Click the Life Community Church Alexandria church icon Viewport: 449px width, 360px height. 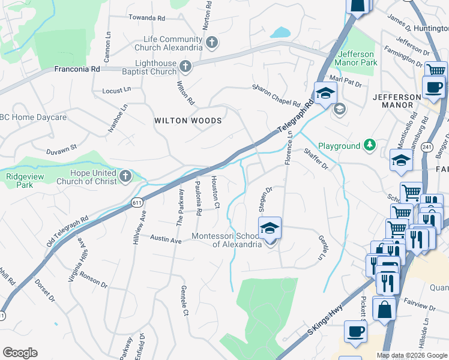pyautogui.click(x=211, y=42)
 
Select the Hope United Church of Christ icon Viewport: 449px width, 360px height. pyautogui.click(x=125, y=175)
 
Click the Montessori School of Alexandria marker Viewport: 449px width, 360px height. pyautogui.click(x=270, y=229)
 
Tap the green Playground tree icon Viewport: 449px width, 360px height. pyautogui.click(x=370, y=145)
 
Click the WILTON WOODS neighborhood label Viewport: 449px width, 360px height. pyautogui.click(x=188, y=121)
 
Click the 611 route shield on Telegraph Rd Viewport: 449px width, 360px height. pyautogui.click(x=137, y=203)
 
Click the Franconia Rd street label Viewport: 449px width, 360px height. pyautogui.click(x=77, y=69)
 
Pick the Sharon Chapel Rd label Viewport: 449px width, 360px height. pyautogui.click(x=276, y=95)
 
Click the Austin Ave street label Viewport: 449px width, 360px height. pyautogui.click(x=165, y=239)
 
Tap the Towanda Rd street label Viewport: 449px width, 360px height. pyautogui.click(x=146, y=19)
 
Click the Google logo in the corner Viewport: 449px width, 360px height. pyautogui.click(x=20, y=353)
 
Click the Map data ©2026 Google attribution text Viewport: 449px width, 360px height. pyautogui.click(x=412, y=355)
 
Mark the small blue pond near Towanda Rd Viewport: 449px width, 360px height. pyautogui.click(x=280, y=32)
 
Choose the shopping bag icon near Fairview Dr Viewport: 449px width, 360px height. pyautogui.click(x=384, y=308)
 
